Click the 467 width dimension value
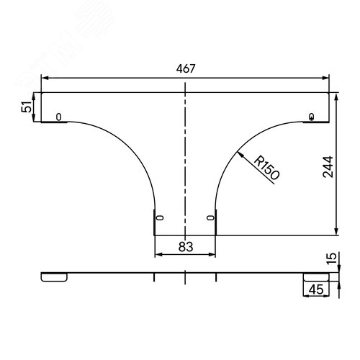186,68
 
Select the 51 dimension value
27,107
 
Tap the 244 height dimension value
328,167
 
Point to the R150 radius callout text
266,168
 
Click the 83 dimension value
186,247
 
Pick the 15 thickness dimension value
332,258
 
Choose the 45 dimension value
316,289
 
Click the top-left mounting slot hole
59,117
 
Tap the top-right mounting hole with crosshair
312,117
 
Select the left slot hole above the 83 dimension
160,218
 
